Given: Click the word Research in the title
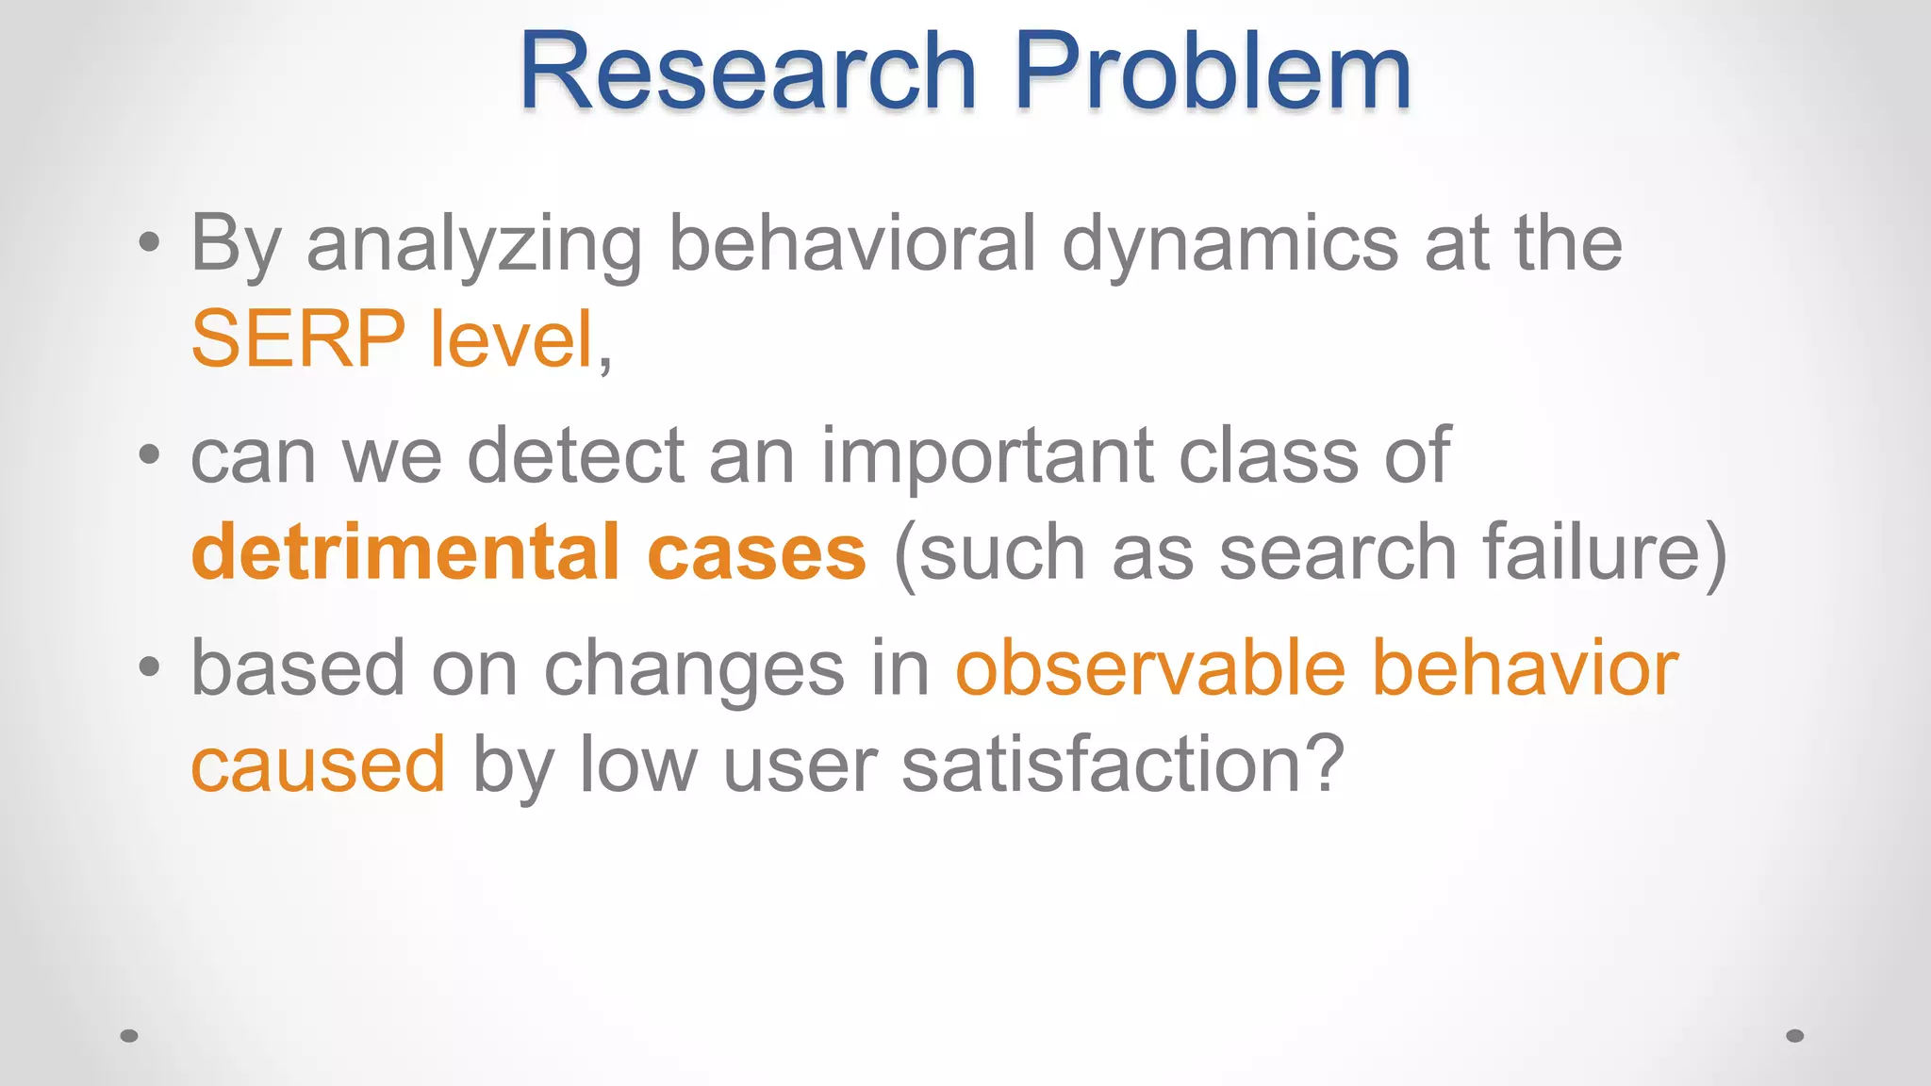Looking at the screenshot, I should coord(747,73).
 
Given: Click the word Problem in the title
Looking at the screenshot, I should coord(1212,73).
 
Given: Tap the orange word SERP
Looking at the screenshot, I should coord(298,339).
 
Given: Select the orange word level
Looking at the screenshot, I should coord(511,339).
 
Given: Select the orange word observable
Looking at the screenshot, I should coord(1150,668).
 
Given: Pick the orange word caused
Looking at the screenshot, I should coord(318,765).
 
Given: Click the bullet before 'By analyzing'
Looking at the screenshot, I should coord(149,242).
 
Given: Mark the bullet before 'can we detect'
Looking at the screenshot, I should coord(149,455).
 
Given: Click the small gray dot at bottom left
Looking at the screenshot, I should coord(129,1036).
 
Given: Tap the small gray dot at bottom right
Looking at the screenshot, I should coord(1795,1036).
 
